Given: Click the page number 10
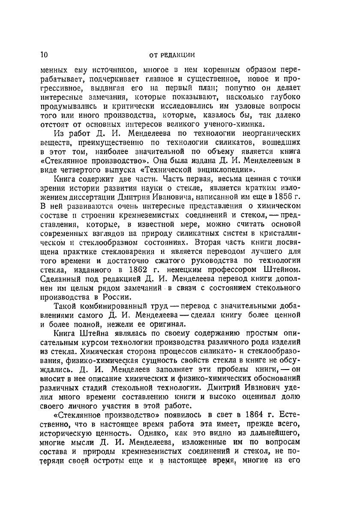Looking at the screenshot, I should coord(43,54).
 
